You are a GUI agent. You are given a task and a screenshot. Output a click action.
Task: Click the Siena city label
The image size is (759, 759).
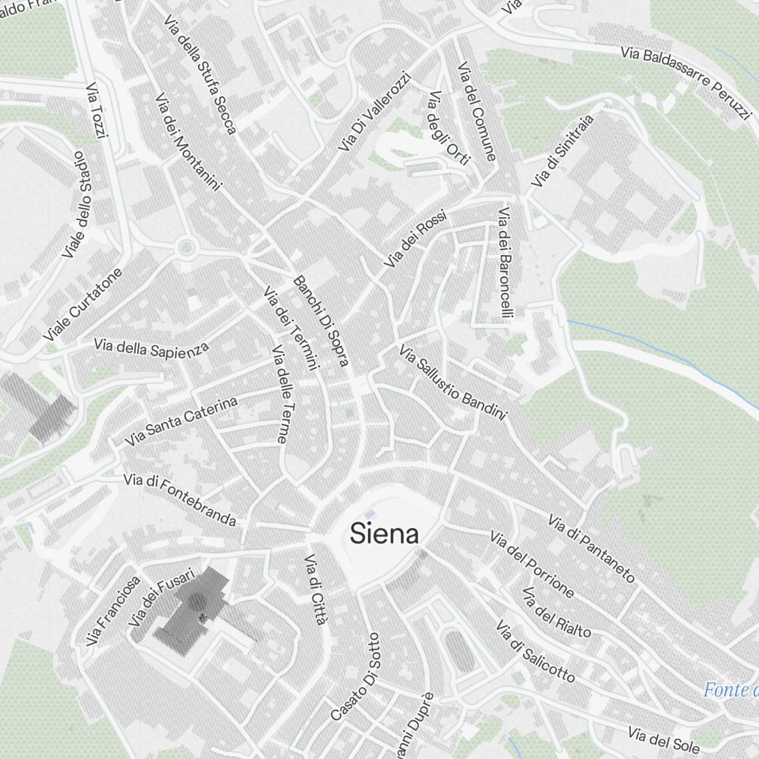[384, 534]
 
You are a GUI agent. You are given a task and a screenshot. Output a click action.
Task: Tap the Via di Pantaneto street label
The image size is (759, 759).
[591, 549]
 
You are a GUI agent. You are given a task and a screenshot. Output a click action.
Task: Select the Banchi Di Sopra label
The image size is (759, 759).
[320, 322]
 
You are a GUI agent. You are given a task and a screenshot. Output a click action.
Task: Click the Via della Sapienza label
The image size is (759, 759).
[151, 348]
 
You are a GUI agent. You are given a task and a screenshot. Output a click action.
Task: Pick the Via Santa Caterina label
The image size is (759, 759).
[181, 420]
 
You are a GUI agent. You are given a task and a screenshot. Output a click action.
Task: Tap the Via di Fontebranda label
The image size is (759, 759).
[179, 500]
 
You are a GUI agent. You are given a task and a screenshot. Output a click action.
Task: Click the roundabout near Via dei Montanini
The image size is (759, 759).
[186, 246]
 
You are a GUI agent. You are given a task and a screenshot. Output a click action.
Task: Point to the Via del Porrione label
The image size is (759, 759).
[531, 564]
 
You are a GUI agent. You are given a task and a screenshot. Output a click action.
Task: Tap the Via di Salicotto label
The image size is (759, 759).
[535, 651]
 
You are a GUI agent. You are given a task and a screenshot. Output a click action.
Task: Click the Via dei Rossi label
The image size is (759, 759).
[415, 239]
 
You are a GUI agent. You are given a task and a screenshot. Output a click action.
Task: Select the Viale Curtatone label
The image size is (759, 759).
[83, 304]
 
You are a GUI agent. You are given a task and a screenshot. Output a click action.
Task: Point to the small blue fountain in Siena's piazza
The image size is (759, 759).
[379, 515]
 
